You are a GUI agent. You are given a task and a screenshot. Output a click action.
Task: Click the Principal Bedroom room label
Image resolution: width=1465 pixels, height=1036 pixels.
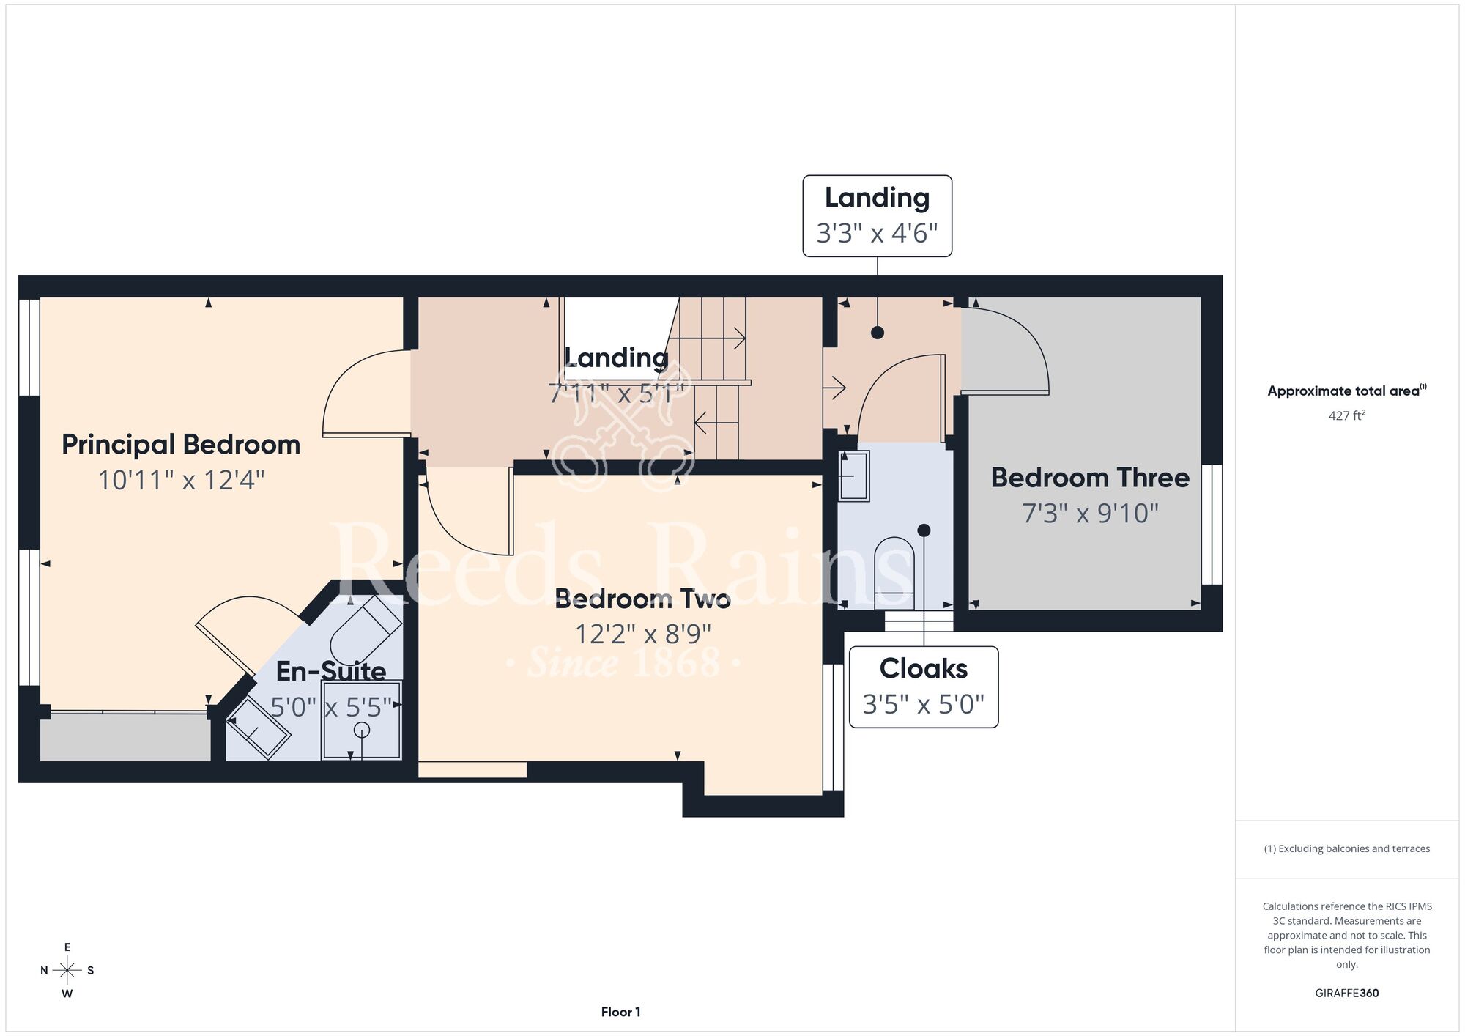coord(181,445)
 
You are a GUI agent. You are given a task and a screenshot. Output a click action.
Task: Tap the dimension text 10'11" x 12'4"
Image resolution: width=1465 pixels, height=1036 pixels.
coord(181,481)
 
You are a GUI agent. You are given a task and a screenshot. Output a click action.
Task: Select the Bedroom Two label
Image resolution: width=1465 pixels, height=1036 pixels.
coord(642,599)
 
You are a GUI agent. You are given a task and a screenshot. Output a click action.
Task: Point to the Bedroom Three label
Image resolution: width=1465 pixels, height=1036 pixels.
coord(1090,478)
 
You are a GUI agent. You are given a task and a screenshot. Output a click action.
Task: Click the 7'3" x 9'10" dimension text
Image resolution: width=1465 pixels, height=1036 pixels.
coord(1090,513)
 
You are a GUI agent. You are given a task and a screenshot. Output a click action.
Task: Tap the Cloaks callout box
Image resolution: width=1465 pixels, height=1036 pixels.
coord(924,687)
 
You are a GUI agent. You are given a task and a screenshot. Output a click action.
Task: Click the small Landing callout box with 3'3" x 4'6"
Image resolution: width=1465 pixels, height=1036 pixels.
coord(878,215)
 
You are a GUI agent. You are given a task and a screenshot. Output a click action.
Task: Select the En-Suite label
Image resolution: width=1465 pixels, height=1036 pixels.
coord(331,671)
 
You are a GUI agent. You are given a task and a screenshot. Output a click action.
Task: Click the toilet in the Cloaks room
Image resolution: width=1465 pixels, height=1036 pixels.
coord(894,573)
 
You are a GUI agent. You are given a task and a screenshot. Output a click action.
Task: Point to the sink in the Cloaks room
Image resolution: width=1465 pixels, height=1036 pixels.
coord(853,476)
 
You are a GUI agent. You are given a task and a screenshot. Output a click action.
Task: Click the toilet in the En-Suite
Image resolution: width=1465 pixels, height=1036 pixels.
coord(366,629)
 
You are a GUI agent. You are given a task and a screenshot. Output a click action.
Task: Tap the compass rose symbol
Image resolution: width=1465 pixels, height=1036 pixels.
coord(67,971)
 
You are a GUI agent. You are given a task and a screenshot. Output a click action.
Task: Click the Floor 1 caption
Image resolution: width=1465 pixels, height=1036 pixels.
coord(620,1012)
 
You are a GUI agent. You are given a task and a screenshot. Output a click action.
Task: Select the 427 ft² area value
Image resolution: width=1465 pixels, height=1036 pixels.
coord(1346,415)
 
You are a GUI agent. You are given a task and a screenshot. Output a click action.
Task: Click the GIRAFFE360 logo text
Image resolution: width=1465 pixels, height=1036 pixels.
coord(1346,994)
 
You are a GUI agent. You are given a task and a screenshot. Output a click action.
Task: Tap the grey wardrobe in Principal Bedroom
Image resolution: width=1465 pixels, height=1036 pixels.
coord(125,736)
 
